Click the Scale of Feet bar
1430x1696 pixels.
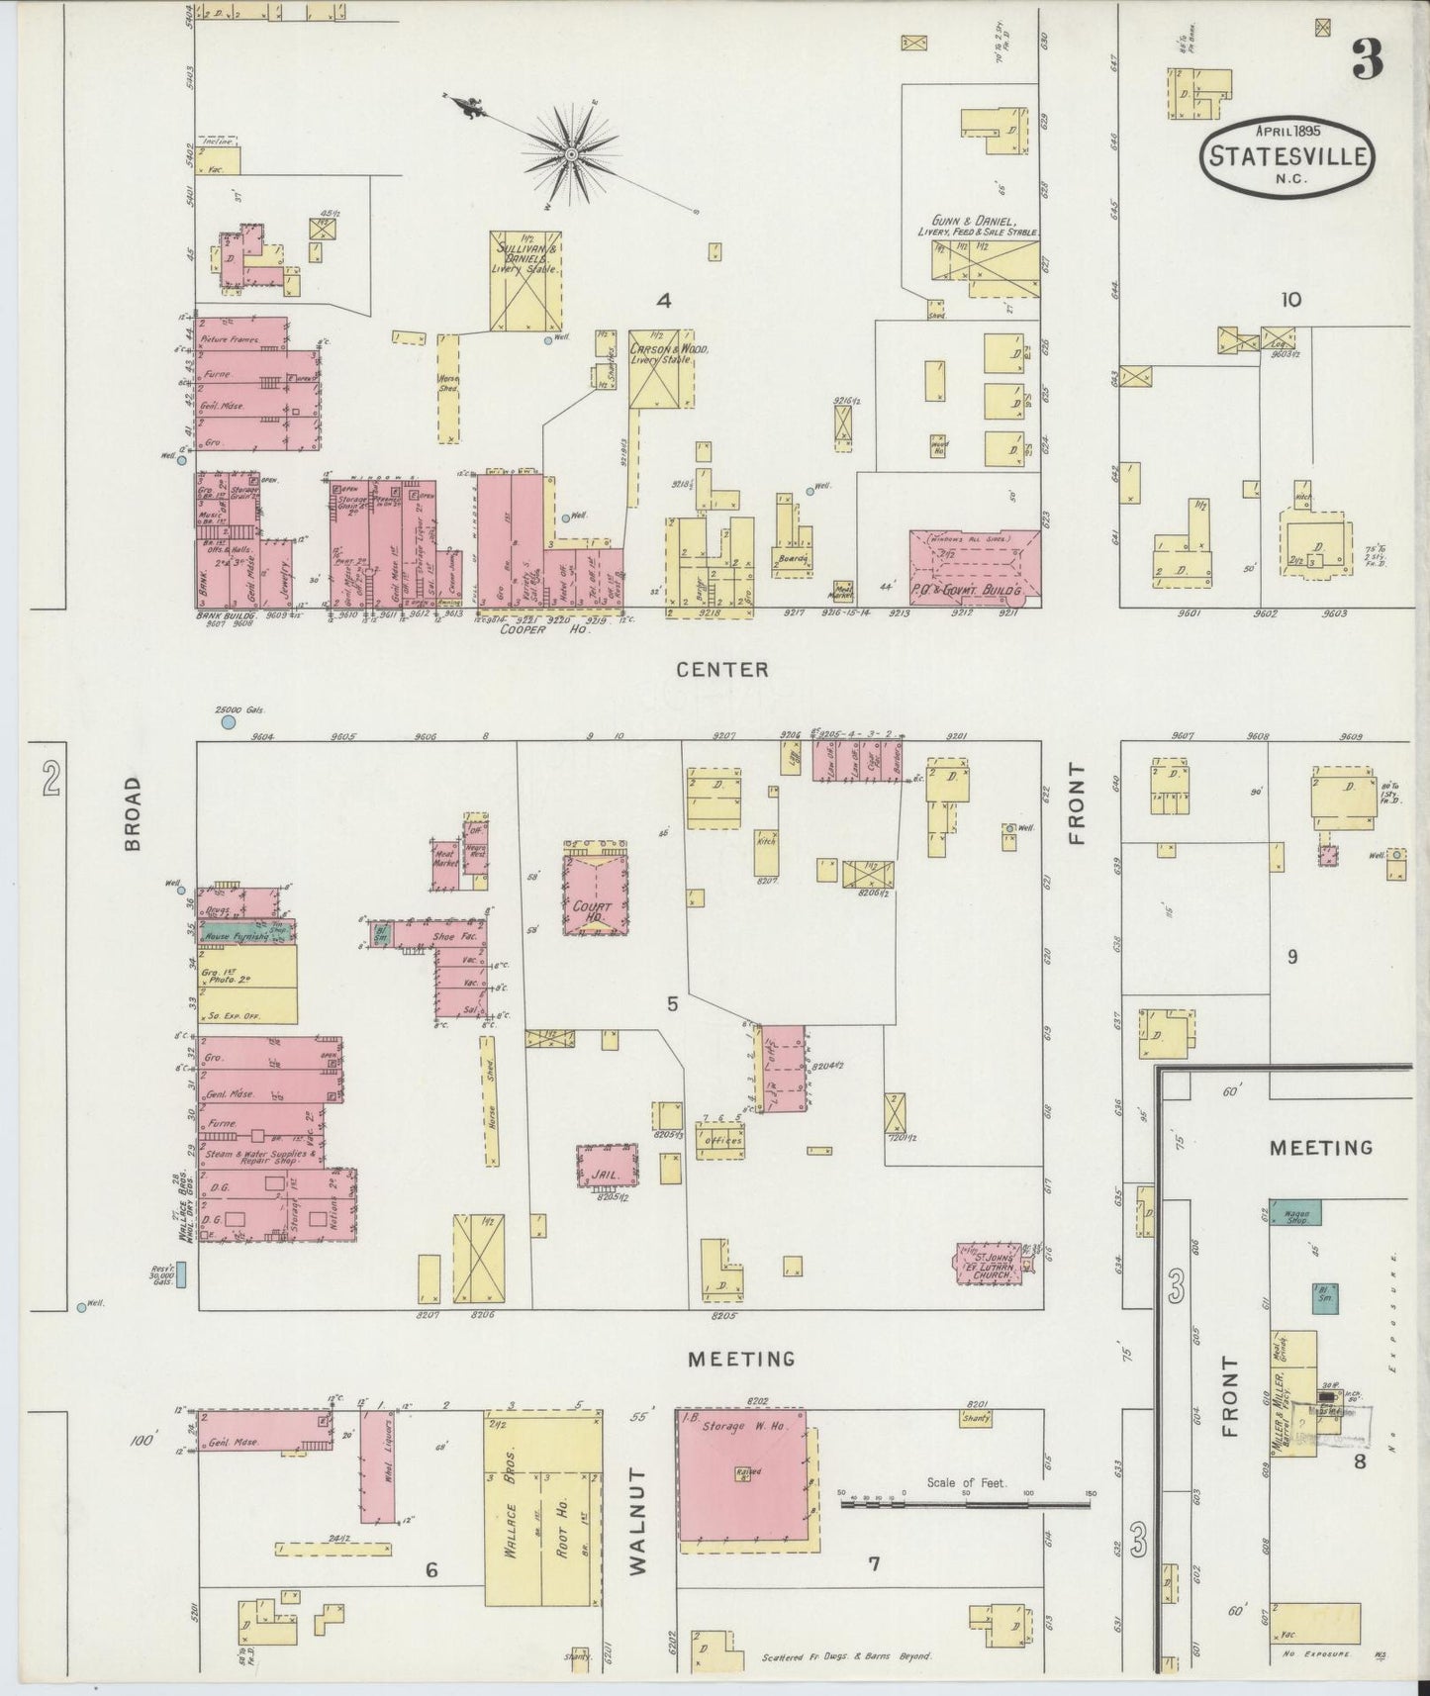966,1504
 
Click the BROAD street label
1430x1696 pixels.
133,812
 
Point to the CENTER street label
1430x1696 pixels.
721,670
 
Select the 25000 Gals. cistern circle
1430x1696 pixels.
229,723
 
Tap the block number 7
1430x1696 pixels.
874,1563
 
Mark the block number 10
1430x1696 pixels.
1290,300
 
